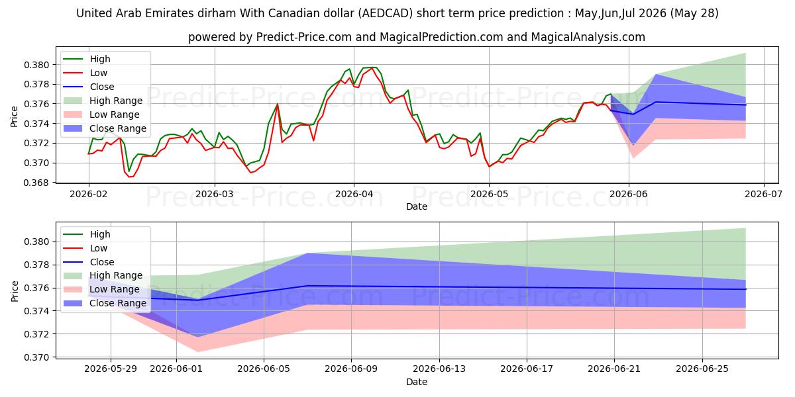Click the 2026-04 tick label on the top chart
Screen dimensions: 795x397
coord(354,195)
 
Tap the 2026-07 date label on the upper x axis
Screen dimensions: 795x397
coord(763,195)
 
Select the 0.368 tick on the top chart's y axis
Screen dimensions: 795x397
coord(36,183)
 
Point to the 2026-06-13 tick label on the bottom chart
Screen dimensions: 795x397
coord(439,369)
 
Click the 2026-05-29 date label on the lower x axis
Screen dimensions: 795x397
coord(111,369)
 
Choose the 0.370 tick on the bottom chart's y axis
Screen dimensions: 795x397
coord(36,357)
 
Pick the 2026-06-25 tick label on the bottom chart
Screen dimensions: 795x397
coord(702,369)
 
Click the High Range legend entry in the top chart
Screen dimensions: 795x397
coord(103,101)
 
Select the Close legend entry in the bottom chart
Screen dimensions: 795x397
coord(88,262)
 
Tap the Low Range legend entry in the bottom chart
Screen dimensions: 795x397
coord(101,289)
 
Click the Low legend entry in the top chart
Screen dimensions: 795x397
coord(85,73)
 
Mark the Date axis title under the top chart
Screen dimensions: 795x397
coord(417,206)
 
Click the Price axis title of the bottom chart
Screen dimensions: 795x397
coord(14,291)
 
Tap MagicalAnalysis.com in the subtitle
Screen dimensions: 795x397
coord(588,37)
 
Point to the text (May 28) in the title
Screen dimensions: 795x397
coord(694,13)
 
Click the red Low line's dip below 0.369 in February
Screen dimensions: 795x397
coord(130,177)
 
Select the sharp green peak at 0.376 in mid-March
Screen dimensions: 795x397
coord(277,104)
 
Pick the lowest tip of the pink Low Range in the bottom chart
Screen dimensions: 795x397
coord(198,351)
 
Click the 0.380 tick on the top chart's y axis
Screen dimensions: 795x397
coord(36,65)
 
